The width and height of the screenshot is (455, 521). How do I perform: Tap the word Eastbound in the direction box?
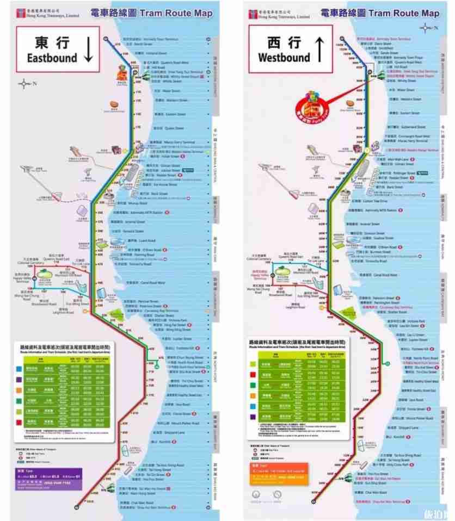pyautogui.click(x=53, y=58)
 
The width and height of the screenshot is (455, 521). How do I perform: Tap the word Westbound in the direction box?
pyautogui.click(x=284, y=58)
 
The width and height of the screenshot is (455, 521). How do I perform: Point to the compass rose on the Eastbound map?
pyautogui.click(x=24, y=84)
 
